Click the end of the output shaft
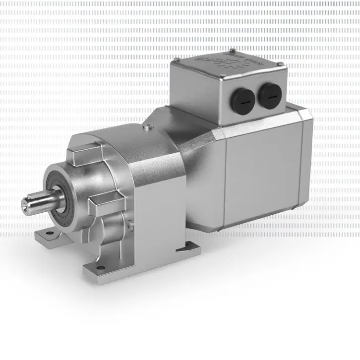click(27, 203)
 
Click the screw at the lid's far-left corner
click(175, 60)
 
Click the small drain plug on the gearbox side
click(130, 226)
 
